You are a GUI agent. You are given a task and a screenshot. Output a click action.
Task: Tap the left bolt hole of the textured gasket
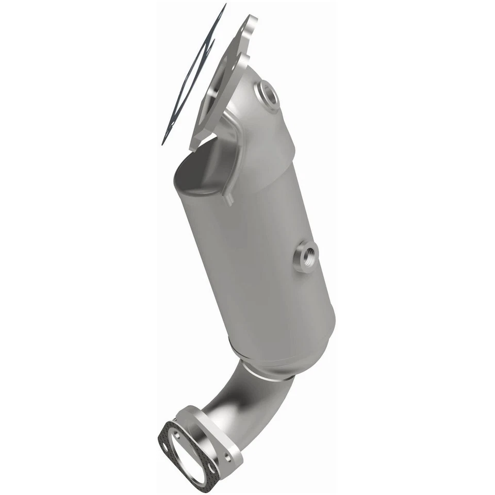point(165,447)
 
